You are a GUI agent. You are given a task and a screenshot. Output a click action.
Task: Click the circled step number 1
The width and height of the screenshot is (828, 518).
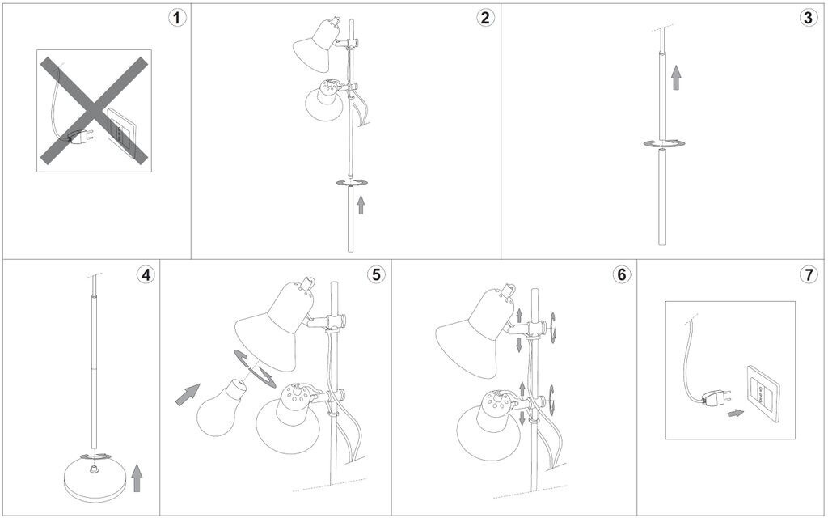click(x=177, y=18)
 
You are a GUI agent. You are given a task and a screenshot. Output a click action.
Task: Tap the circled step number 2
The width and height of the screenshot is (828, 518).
click(x=485, y=18)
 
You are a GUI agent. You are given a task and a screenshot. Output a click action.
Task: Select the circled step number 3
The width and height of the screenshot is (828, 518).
click(x=808, y=18)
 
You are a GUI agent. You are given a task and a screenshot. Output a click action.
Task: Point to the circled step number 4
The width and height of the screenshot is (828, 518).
click(x=146, y=274)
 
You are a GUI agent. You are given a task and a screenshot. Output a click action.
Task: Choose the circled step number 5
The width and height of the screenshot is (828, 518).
click(x=375, y=274)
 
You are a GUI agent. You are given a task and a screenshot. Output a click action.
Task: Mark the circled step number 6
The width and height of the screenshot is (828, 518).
click(x=621, y=274)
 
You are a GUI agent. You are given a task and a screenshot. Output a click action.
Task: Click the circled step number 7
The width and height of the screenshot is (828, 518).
click(x=808, y=274)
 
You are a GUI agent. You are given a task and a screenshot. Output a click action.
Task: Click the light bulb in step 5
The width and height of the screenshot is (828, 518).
click(x=220, y=408)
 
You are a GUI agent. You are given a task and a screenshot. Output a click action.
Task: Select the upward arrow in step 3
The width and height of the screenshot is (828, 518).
click(x=676, y=78)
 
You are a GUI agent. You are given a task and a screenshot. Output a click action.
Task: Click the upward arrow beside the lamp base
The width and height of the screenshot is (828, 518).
click(x=137, y=478)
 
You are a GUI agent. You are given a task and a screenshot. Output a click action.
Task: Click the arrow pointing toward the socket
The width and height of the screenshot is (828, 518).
click(x=736, y=413)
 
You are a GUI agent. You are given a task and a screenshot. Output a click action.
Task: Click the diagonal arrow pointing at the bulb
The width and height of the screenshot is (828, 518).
click(x=188, y=394)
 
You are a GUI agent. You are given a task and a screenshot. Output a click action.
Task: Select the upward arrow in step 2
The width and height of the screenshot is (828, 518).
click(x=361, y=205)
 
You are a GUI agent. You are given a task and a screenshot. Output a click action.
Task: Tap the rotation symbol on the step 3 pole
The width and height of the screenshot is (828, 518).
click(x=663, y=144)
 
